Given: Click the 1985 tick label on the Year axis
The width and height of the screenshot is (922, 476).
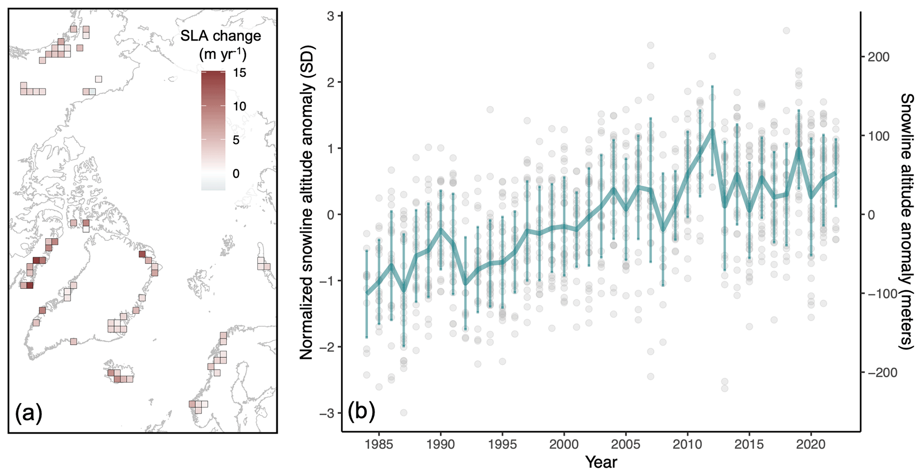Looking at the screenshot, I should [x=379, y=445].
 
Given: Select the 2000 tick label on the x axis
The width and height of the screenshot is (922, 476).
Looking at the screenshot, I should [x=564, y=445].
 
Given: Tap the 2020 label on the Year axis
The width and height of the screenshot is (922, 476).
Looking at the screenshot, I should [x=811, y=445].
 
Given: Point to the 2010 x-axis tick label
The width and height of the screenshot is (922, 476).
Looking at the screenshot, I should [x=687, y=445].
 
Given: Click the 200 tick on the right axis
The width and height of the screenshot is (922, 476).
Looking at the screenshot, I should [x=877, y=57].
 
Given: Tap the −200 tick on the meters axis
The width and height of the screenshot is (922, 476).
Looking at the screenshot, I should [x=875, y=372].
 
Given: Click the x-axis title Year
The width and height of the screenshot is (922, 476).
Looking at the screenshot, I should [x=601, y=463].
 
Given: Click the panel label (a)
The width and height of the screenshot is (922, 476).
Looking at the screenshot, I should [x=29, y=413].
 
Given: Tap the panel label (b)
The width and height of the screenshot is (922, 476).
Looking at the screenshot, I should [x=361, y=411].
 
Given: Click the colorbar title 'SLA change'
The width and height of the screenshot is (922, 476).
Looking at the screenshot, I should [x=220, y=36].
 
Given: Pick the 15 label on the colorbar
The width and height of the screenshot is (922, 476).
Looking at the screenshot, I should [x=240, y=73].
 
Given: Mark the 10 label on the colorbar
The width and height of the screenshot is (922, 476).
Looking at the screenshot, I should [x=240, y=106].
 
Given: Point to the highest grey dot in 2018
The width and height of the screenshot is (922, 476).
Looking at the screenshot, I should [x=786, y=30].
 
